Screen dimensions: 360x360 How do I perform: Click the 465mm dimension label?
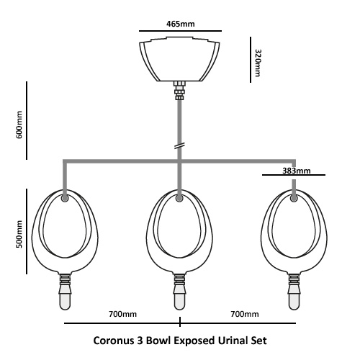click(181, 24)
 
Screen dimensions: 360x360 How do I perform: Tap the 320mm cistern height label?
click(258, 63)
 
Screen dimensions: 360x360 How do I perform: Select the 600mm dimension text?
click(19, 125)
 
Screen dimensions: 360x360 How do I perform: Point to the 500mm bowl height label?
click(19, 234)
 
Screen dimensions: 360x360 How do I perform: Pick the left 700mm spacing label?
click(122, 314)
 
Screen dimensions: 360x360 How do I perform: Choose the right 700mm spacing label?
click(245, 314)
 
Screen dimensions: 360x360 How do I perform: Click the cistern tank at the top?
click(179, 59)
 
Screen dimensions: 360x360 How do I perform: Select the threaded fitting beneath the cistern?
click(179, 91)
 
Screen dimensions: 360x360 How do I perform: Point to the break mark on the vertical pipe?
click(179, 145)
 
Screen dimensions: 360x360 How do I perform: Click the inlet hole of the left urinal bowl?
click(65, 198)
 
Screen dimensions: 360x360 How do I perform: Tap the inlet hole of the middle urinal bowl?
click(179, 198)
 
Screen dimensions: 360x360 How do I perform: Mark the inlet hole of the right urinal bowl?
click(294, 198)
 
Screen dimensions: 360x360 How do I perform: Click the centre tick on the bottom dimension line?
click(180, 322)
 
